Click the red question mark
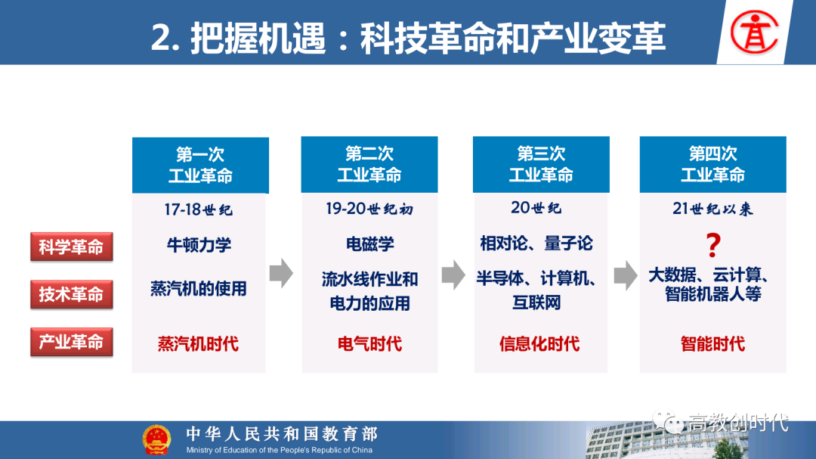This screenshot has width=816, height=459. point(713,245)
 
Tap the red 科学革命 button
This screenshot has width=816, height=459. point(72,247)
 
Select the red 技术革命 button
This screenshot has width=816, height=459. point(72,294)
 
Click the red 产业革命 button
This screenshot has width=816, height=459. point(72,342)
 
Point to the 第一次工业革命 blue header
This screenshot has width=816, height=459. point(200,165)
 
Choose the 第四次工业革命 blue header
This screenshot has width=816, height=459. point(713,165)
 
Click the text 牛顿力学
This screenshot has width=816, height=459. point(199,244)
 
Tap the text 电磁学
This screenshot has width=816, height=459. point(370,243)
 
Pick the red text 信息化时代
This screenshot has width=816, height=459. point(539,344)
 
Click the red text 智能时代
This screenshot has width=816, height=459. point(713,344)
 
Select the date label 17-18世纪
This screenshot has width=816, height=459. point(198,209)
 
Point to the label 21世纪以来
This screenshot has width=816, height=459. point(712,209)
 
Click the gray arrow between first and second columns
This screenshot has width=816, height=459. point(282,273)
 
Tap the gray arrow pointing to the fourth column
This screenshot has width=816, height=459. point(626,275)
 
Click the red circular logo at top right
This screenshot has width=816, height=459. point(754,33)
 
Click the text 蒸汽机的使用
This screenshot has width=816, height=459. point(199,288)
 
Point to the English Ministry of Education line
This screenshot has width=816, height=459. point(280,450)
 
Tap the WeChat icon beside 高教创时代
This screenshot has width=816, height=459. point(668,421)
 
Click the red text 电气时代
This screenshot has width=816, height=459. point(370,344)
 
